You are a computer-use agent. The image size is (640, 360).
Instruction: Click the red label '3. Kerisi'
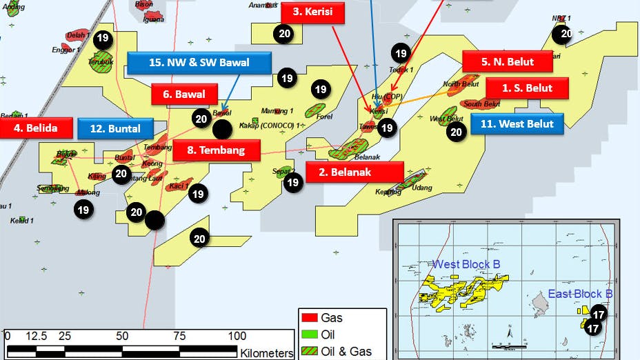[312, 12]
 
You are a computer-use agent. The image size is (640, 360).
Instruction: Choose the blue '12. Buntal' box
[114, 128]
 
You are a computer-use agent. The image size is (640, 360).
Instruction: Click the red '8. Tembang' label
[217, 149]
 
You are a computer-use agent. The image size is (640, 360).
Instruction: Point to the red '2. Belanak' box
[354, 172]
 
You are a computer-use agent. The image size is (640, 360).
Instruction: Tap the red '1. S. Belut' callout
[528, 88]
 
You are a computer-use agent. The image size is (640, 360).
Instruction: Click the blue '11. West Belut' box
[517, 124]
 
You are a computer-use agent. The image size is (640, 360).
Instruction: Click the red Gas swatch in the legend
[309, 318]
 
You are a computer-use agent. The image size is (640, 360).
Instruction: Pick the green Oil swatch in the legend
[309, 334]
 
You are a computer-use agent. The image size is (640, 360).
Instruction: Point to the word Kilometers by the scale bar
[267, 353]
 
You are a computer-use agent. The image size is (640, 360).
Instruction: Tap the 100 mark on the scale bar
[237, 336]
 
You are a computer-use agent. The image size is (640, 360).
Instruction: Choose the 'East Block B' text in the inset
[580, 294]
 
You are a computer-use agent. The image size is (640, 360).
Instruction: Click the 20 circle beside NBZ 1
[566, 33]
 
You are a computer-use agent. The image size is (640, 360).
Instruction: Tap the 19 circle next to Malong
[83, 210]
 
